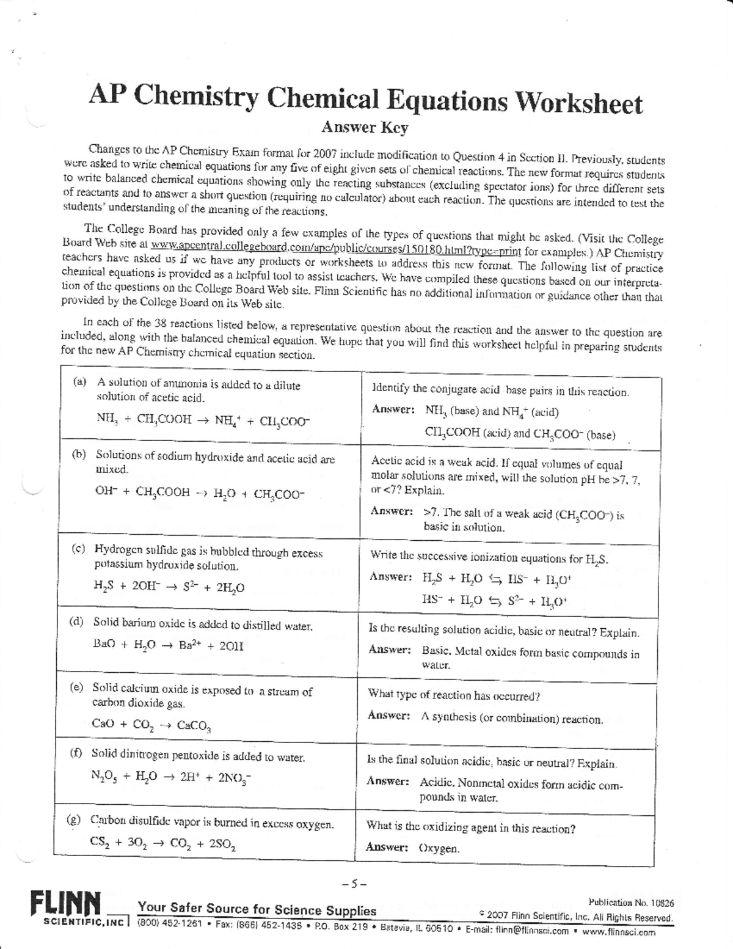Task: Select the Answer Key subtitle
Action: pos(364,128)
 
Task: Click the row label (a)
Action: pos(80,382)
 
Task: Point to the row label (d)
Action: pos(76,622)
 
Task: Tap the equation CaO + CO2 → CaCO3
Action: pos(151,725)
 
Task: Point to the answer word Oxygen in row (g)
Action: pos(439,848)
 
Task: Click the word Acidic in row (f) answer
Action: pos(436,782)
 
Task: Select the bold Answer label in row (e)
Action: pos(388,716)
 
